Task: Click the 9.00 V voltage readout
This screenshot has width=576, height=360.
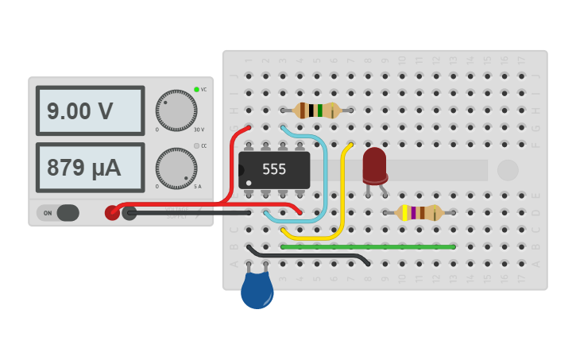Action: coord(90,111)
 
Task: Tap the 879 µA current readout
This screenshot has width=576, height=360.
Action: coord(90,168)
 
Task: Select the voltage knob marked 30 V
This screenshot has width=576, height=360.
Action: coord(176,110)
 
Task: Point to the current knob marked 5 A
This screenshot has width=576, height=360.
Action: coord(176,168)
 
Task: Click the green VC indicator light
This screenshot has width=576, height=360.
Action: coord(196,89)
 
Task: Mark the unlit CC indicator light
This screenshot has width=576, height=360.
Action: coord(196,146)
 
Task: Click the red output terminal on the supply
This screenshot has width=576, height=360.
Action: coord(113,212)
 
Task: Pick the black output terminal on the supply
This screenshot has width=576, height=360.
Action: coord(130,212)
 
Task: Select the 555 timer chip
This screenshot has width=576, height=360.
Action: coord(274,169)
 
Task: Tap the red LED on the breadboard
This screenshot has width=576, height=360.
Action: coord(374,165)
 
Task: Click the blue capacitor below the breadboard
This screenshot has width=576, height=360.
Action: coord(257,290)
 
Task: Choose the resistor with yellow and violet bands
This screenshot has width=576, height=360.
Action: coord(419,212)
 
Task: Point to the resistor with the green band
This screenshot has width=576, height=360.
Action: coord(316,110)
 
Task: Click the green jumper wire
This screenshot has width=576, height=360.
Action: coord(368,246)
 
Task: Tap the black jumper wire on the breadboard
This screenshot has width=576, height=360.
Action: coord(310,256)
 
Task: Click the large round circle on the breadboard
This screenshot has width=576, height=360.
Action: coord(507,169)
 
